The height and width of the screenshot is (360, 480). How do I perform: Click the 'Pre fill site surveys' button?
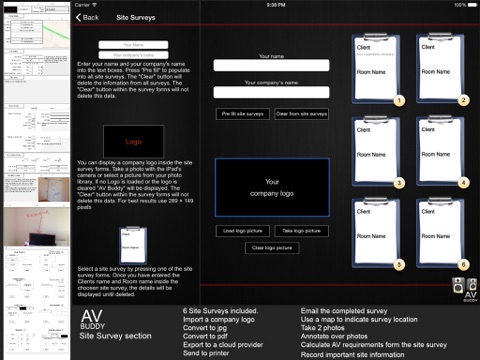pos(242,114)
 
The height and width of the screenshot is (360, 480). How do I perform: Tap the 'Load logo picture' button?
pos(242,230)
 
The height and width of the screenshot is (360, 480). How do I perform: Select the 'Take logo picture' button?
pos(301,230)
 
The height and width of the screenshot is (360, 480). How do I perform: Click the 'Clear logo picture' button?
pos(271,247)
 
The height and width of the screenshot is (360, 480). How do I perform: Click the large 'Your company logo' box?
pos(271,187)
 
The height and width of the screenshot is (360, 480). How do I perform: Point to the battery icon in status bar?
pos(467,4)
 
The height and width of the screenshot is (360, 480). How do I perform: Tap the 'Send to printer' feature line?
pos(207,353)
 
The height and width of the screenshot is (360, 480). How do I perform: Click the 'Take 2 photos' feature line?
pos(322,326)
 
